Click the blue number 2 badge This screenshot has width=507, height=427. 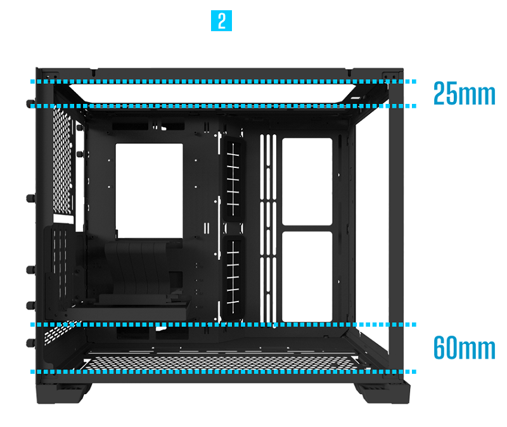[x=221, y=21]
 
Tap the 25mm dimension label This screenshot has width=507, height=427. [x=464, y=94]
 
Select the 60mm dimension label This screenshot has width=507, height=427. [x=464, y=348]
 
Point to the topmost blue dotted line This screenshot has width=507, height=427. [x=222, y=82]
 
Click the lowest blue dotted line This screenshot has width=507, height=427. [x=222, y=371]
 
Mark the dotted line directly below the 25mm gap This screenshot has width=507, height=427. [x=222, y=106]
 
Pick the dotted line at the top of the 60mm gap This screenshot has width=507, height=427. [x=222, y=324]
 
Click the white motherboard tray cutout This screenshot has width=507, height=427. [x=149, y=187]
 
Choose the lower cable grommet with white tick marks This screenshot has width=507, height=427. [x=233, y=276]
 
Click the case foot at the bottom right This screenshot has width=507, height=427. [x=380, y=390]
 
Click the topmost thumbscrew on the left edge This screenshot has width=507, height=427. [x=29, y=103]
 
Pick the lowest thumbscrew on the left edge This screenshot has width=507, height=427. [x=30, y=343]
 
